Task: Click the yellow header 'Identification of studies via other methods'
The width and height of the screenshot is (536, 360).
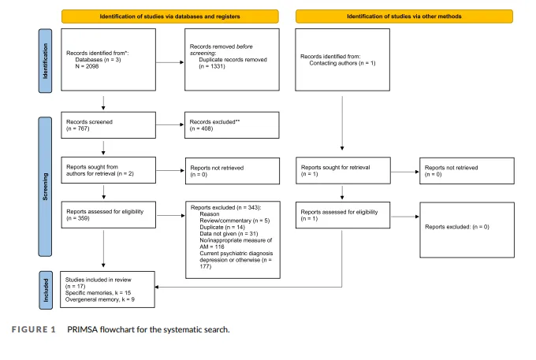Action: [404, 17]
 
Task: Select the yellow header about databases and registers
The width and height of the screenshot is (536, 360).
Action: [170, 17]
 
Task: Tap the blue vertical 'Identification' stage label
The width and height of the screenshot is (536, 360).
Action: [45, 61]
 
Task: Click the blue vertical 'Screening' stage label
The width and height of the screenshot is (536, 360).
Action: [45, 187]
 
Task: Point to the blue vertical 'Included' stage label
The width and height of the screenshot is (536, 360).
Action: [46, 291]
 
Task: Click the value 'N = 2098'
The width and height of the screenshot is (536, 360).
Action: [87, 66]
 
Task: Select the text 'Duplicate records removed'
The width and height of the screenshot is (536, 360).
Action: [233, 59]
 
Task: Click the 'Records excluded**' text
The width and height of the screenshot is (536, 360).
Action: [214, 122]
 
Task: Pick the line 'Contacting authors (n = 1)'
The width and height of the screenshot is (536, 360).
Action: [342, 63]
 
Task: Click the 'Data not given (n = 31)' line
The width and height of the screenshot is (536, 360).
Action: [229, 234]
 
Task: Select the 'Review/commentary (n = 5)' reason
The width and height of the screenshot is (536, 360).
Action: [235, 221]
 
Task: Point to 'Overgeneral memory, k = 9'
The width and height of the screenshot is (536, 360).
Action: [100, 299]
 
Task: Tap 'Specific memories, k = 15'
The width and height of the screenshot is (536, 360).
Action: [98, 293]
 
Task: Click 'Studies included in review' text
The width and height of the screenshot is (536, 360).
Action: [98, 280]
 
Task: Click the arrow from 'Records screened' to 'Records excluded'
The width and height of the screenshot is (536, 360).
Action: [170, 124]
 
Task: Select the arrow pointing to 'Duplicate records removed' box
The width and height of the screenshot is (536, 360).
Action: [170, 62]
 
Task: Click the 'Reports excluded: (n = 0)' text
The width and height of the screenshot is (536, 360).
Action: [457, 227]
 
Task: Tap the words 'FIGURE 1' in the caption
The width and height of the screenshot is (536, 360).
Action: [33, 329]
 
